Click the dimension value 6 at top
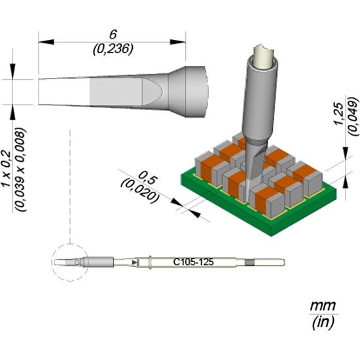(113, 35)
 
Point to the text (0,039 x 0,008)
(20, 170)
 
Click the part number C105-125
(193, 262)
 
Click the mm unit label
(323, 306)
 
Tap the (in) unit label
(323, 322)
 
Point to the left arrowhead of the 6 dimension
(46, 42)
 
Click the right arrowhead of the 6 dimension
(177, 42)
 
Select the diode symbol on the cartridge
(135, 262)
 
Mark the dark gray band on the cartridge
(250, 262)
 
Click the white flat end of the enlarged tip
(64, 92)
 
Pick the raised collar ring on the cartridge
(150, 262)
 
